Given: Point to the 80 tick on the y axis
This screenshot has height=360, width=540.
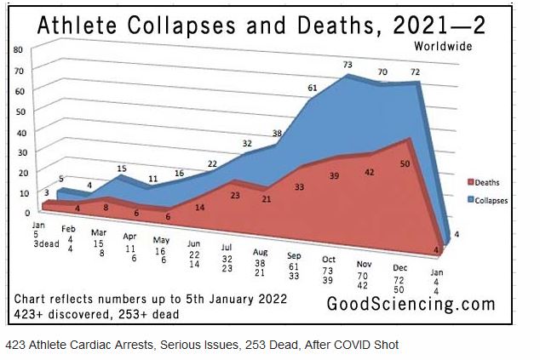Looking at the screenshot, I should [x=18, y=49].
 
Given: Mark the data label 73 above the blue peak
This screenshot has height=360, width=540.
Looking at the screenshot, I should [x=348, y=65].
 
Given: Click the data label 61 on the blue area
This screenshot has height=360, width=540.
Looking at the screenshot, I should [x=313, y=89].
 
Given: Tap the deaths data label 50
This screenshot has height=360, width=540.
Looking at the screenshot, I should [x=404, y=163].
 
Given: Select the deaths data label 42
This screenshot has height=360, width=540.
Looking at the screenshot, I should [x=370, y=172].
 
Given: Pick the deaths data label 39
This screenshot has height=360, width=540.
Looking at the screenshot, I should [x=335, y=175].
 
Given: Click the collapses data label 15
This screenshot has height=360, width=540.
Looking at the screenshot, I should [x=122, y=169].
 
